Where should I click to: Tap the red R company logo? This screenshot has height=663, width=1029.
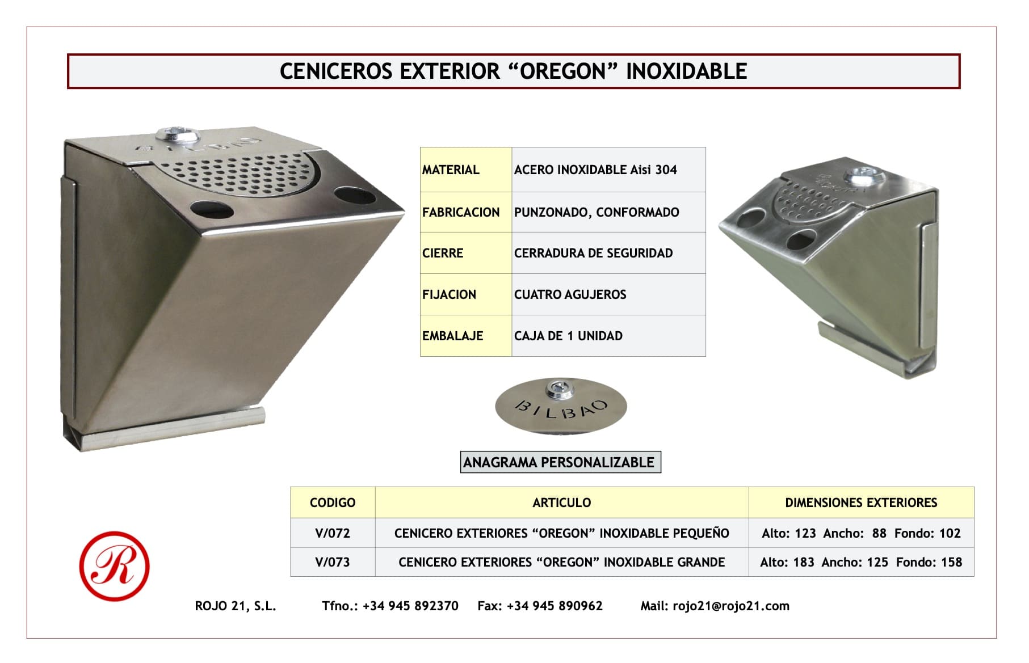click(x=114, y=566)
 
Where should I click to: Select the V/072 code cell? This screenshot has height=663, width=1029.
click(x=333, y=533)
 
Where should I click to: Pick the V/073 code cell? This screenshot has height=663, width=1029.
click(x=333, y=562)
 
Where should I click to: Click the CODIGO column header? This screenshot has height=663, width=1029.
click(x=333, y=502)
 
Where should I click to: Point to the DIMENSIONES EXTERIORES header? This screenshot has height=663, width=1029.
click(x=861, y=502)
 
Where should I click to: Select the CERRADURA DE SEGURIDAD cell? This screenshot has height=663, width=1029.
click(x=608, y=253)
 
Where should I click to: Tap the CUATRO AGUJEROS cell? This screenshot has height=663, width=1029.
click(x=608, y=294)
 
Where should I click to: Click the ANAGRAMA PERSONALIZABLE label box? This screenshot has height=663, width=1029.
click(x=560, y=462)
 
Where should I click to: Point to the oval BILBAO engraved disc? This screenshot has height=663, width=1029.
click(x=561, y=406)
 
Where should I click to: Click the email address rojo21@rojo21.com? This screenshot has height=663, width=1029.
click(x=731, y=606)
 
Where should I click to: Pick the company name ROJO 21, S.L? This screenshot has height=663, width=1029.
click(x=236, y=606)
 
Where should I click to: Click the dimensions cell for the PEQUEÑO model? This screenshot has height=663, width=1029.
click(x=861, y=533)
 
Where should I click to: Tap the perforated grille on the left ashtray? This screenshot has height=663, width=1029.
click(x=241, y=172)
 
